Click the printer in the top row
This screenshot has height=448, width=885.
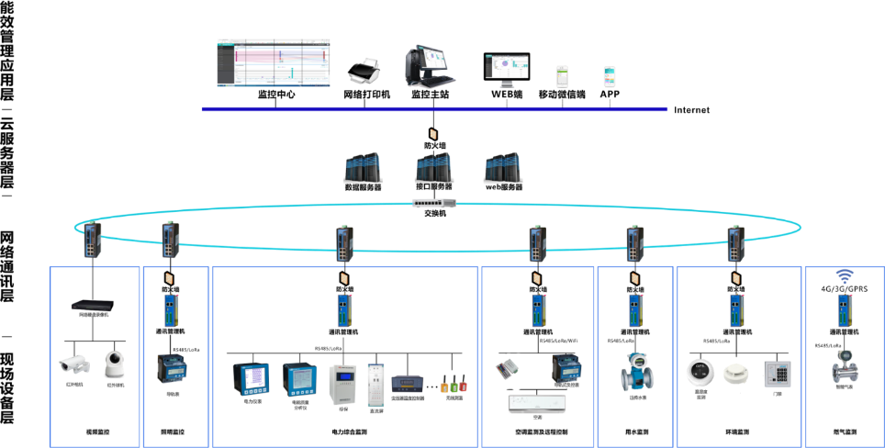(x=364, y=71)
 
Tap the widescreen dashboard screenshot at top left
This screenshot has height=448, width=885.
(x=274, y=62)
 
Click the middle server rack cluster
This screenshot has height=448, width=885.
(x=433, y=167)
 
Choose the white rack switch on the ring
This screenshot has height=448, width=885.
(x=434, y=204)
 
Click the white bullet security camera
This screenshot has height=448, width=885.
(x=74, y=364)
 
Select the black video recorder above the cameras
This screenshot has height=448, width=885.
(x=93, y=307)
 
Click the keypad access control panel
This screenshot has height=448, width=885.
(x=778, y=374)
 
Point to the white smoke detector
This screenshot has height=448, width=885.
(x=736, y=373)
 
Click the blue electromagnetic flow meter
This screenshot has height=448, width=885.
(x=636, y=371)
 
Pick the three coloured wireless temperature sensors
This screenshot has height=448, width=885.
(x=453, y=384)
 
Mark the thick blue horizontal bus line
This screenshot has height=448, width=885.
(x=434, y=109)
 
